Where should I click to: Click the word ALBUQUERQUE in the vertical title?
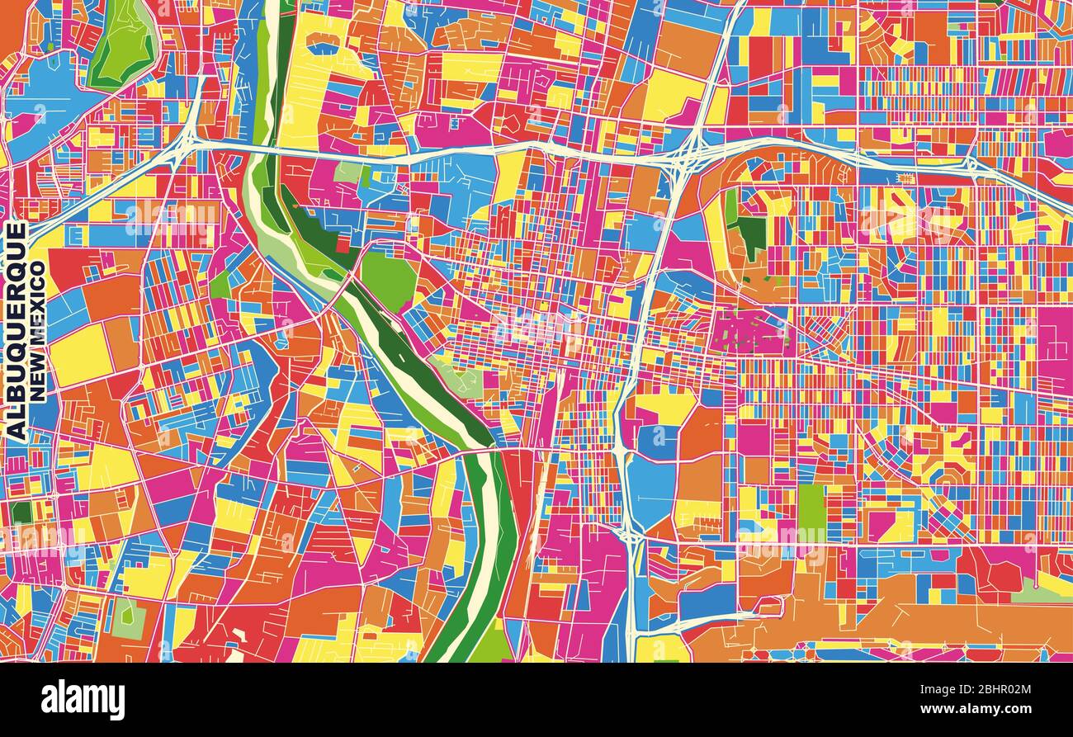tap(16, 330)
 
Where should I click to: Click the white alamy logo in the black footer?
tap(83, 700)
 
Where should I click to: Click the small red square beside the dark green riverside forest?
tap(343, 245)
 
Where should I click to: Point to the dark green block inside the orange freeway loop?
tap(752, 235)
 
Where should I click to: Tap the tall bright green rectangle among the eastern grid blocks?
tap(811, 508)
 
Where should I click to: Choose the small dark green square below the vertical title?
tap(21, 512)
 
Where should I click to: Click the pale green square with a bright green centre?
tap(128, 619)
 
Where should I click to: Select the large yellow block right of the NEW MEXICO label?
tap(80, 355)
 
